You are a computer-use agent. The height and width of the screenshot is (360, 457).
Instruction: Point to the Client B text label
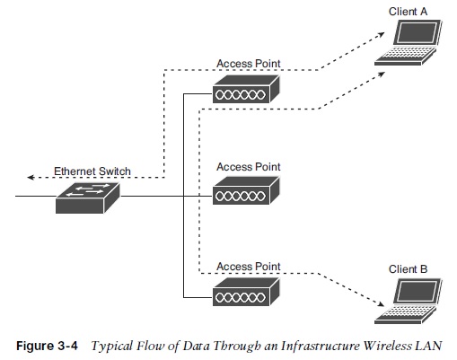(408, 268)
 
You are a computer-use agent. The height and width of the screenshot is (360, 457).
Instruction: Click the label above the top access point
(248, 65)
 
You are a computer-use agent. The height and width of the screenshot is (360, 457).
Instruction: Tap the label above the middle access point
(248, 167)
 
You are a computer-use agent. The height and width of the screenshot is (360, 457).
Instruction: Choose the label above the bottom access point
(248, 267)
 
